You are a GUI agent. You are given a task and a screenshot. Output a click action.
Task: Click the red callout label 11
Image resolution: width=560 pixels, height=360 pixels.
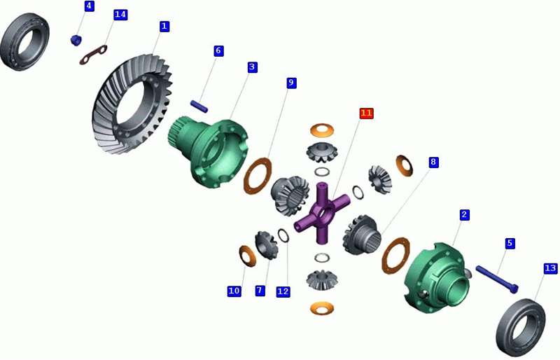click(366, 113)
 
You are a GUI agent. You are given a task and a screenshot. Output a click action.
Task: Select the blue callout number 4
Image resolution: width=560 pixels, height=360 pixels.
click(90, 6)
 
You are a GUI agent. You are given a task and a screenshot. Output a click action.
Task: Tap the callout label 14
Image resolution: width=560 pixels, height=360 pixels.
click(120, 15)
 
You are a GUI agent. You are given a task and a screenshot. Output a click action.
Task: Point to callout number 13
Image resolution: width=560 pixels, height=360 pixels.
click(550, 268)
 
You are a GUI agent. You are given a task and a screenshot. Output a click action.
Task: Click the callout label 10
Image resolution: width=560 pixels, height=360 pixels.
click(234, 291)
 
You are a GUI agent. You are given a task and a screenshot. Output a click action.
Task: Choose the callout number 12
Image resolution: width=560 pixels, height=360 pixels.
click(283, 291)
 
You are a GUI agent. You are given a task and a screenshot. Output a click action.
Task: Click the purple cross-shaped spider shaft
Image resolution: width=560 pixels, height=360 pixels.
click(322, 213)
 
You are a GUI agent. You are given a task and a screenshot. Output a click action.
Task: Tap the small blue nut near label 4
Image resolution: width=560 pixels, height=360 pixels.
click(76, 40)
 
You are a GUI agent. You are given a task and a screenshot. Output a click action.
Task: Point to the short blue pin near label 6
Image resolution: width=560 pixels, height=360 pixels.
click(199, 106)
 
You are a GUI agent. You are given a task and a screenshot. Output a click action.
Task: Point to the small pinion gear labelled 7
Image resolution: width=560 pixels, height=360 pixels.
click(267, 245)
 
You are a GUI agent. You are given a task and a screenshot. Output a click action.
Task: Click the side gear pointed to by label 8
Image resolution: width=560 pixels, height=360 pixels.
click(360, 235)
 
